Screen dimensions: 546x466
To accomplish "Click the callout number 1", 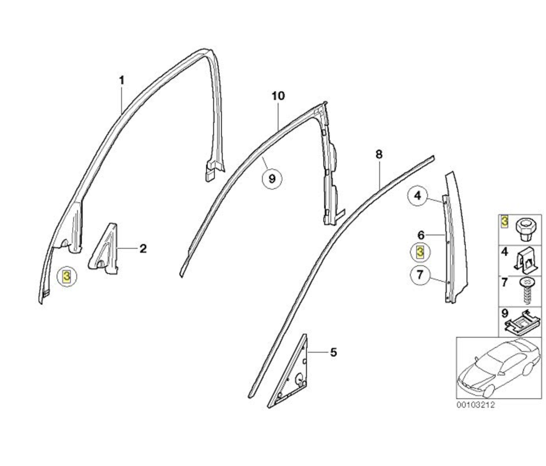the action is point(122,80).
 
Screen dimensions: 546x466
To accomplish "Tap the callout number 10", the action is point(278,96).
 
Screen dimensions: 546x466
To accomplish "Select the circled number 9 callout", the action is point(272,179).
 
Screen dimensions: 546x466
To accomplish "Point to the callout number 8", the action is point(379,154).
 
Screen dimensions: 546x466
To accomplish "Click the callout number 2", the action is point(143,248).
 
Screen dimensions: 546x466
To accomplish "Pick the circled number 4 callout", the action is point(417,196).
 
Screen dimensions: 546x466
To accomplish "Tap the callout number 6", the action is point(421,235).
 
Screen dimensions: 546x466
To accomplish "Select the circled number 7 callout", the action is point(420,275).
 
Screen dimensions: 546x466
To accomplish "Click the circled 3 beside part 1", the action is point(66,276).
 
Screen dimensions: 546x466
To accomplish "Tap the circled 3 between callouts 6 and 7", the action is point(420,252).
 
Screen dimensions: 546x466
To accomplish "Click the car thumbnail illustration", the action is point(498,368).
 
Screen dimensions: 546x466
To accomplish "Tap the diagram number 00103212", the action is point(476,412).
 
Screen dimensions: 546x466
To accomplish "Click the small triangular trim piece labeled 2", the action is point(104,249).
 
